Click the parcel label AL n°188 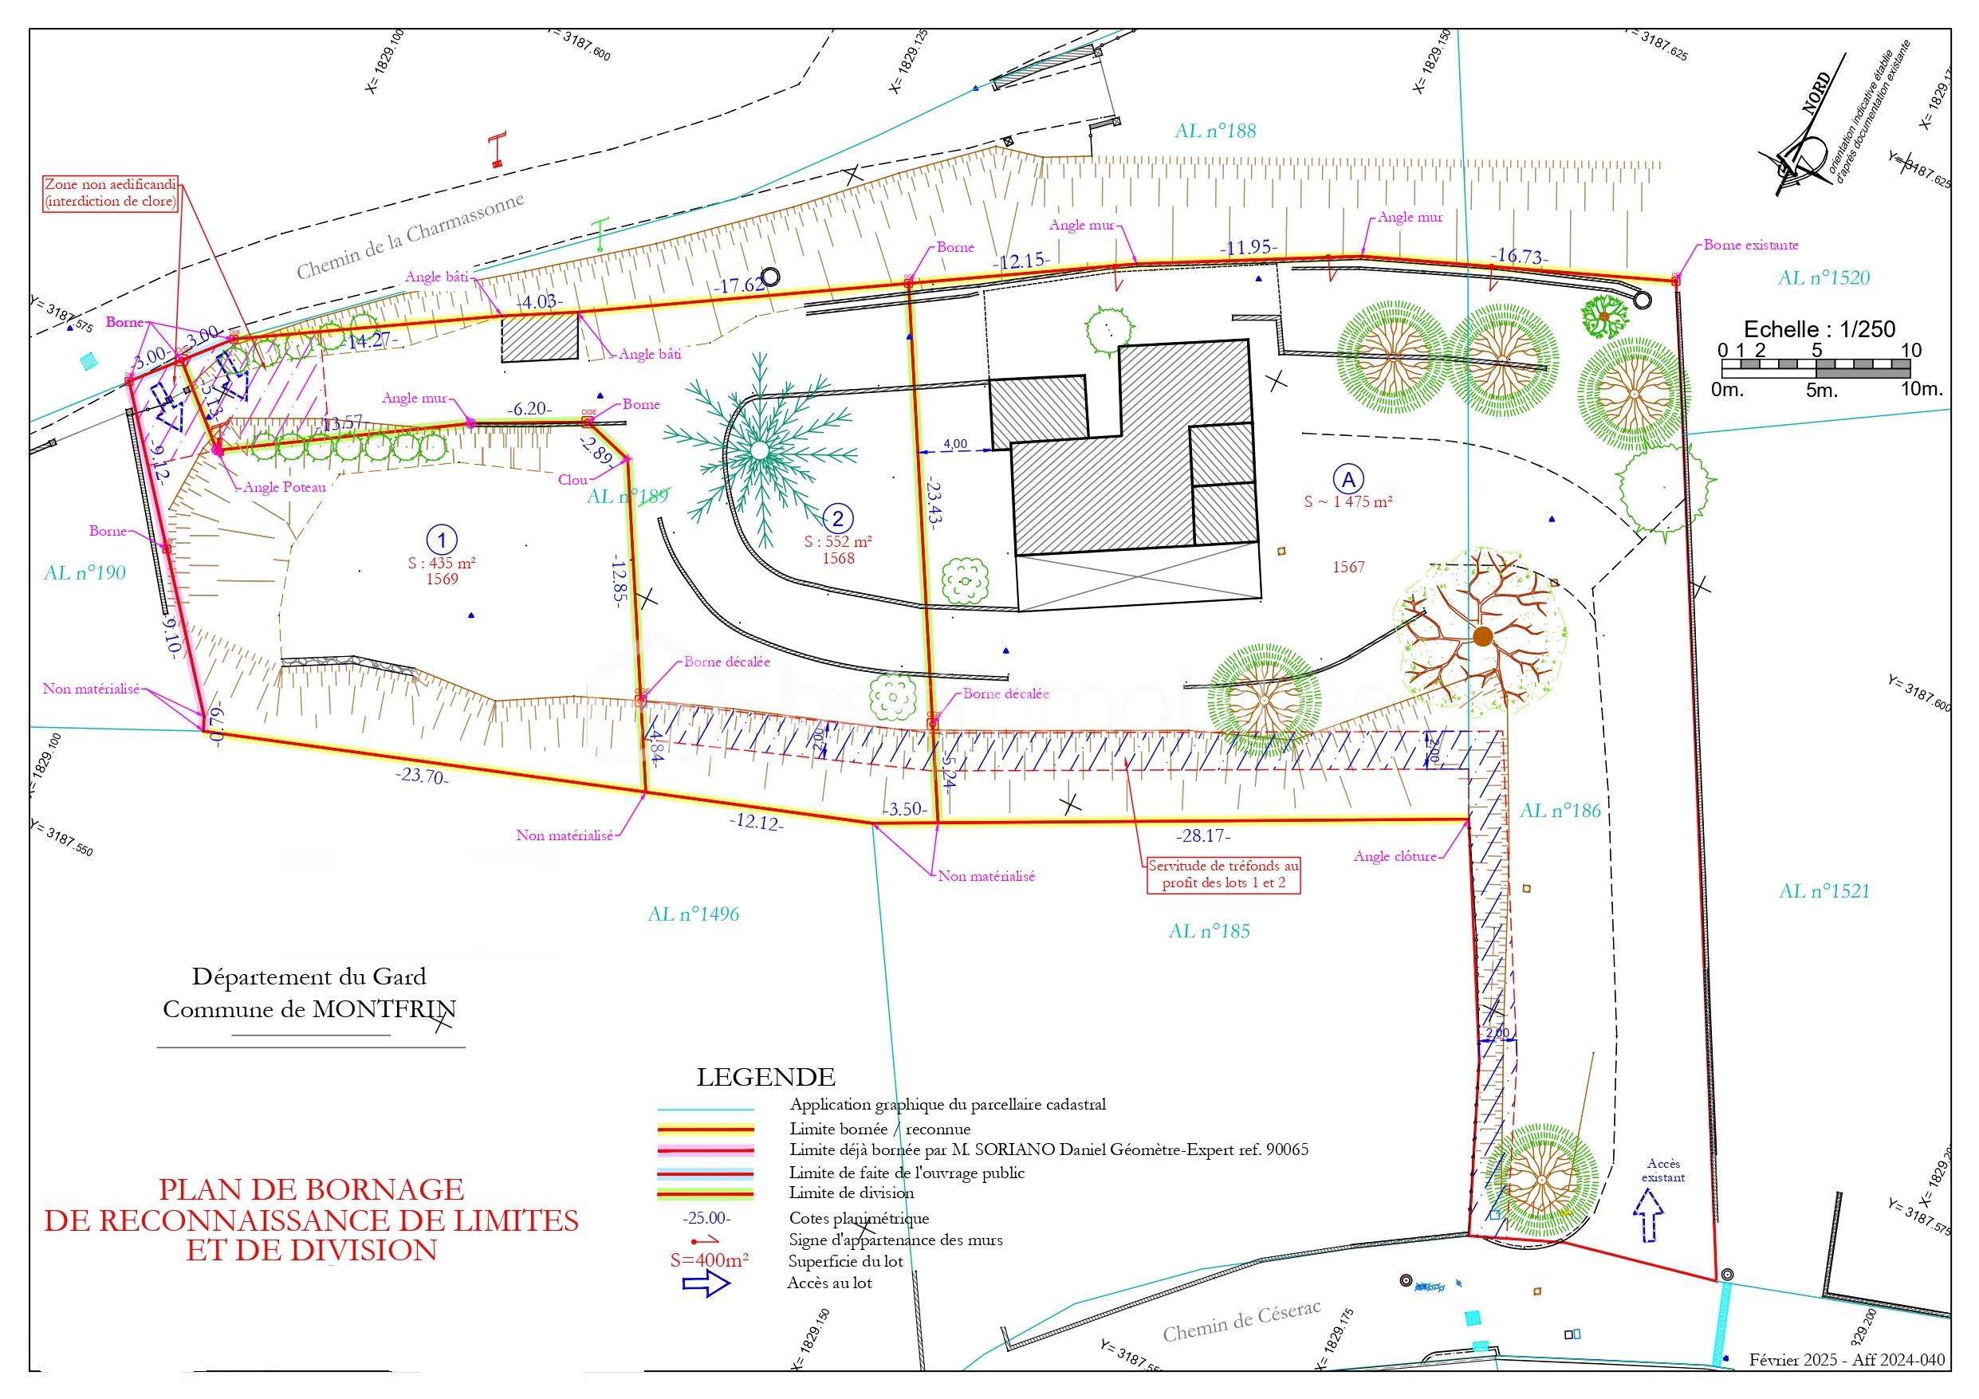(x=1214, y=131)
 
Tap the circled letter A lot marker (x=1348, y=477)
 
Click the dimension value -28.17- (x=1203, y=836)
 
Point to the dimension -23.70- (x=423, y=776)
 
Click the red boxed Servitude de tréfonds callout (x=1223, y=874)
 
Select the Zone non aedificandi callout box (x=111, y=193)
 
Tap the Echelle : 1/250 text (x=1819, y=328)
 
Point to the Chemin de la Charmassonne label (x=411, y=237)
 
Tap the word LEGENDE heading (x=765, y=1078)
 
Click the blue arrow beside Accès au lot (x=706, y=1283)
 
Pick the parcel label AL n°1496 (x=693, y=914)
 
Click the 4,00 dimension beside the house (x=955, y=444)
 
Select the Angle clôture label (x=1395, y=856)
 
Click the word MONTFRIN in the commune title (x=384, y=1009)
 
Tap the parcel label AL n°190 (x=85, y=573)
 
